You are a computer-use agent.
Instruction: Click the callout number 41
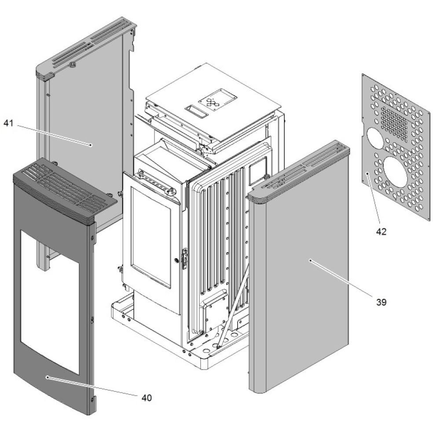tap(9, 123)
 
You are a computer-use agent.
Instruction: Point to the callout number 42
tap(381, 231)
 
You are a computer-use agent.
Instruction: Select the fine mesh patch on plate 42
tap(395, 121)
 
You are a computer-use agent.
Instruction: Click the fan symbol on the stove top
tap(212, 103)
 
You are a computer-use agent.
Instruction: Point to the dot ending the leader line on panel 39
tap(311, 260)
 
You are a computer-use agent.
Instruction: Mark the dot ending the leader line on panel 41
tap(90, 144)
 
